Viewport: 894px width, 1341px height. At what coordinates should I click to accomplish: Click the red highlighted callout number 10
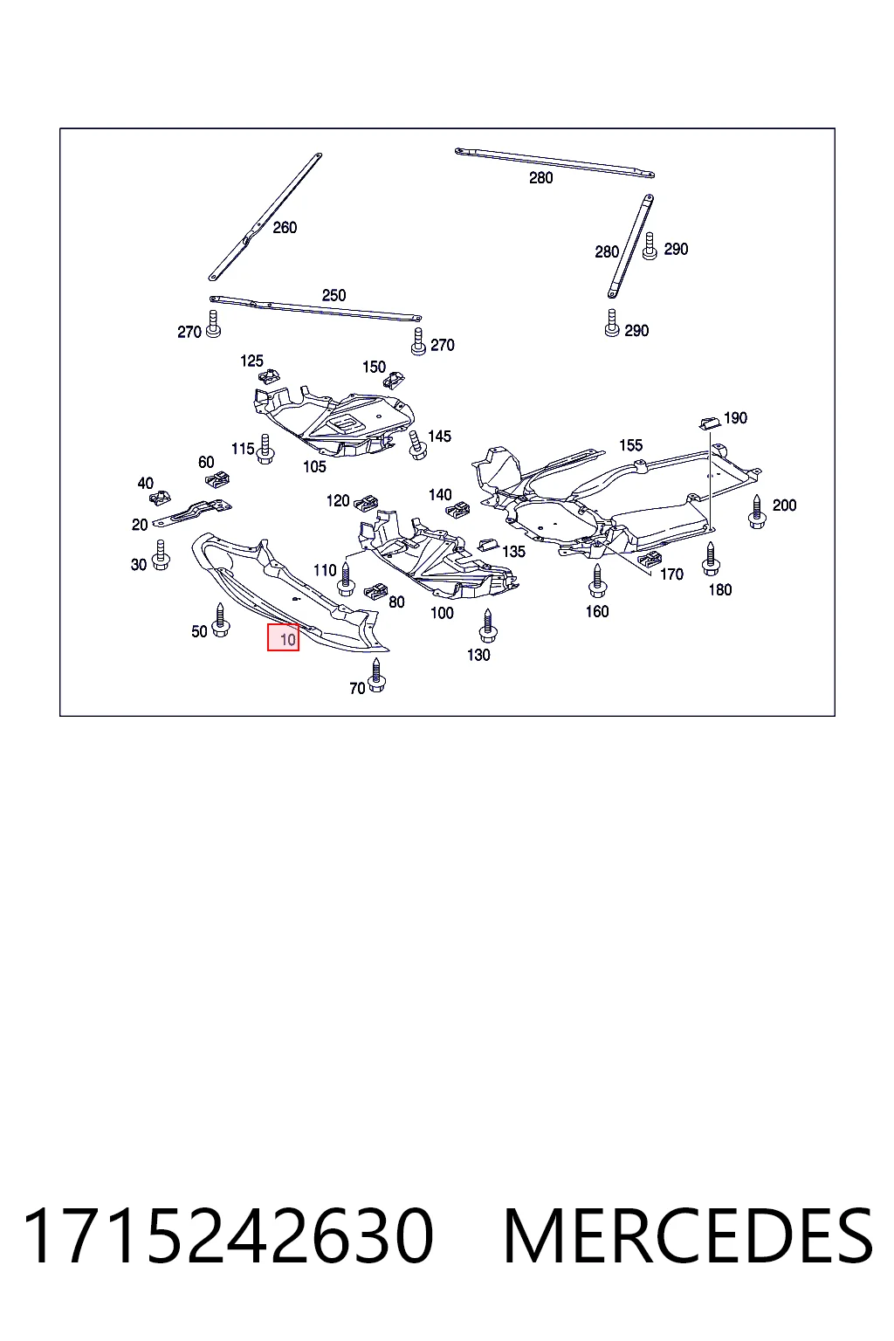point(283,637)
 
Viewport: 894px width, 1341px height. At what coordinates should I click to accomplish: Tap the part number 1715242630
point(228,1235)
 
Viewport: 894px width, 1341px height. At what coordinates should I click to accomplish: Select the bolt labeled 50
point(220,620)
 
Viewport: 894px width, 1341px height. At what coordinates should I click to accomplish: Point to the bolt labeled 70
point(376,675)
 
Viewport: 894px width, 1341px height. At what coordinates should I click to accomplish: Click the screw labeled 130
point(488,626)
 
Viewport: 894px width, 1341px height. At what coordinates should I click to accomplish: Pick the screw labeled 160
point(597,581)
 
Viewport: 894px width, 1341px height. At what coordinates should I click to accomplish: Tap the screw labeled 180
point(711,559)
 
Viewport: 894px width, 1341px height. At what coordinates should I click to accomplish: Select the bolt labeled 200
point(757,512)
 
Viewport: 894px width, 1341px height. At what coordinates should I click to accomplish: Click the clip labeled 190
point(710,423)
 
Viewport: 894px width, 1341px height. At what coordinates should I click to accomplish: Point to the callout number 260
point(285,228)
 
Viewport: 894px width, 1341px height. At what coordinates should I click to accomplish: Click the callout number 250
point(334,295)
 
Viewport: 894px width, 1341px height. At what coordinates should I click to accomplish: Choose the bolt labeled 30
point(161,555)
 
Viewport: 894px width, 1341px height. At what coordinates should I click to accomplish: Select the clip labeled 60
point(218,479)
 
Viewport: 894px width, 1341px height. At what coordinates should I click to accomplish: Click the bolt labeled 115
point(265,449)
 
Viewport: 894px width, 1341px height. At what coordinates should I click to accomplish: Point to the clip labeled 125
point(270,376)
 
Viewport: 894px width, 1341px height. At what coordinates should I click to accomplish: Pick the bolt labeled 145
point(417,444)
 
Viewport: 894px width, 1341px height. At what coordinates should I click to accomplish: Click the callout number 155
point(630,445)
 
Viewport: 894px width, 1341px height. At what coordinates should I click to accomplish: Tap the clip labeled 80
point(375,591)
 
